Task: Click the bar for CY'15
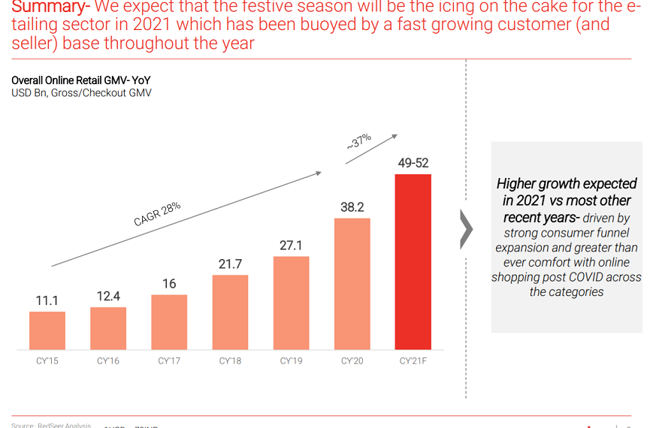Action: pyautogui.click(x=47, y=330)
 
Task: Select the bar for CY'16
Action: pyautogui.click(x=108, y=328)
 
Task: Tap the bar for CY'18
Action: pyautogui.click(x=230, y=312)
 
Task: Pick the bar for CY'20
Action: pyautogui.click(x=352, y=284)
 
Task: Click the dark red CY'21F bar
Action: pyautogui.click(x=413, y=262)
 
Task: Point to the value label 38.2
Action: pyautogui.click(x=352, y=206)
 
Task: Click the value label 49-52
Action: pyautogui.click(x=413, y=163)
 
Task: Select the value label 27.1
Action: pyautogui.click(x=291, y=246)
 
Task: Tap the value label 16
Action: pyautogui.click(x=169, y=283)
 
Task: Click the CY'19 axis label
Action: pyautogui.click(x=291, y=361)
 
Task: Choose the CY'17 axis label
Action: pyautogui.click(x=169, y=361)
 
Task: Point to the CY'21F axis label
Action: pyautogui.click(x=413, y=361)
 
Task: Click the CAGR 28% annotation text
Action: pyautogui.click(x=157, y=214)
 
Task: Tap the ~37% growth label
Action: pyautogui.click(x=358, y=142)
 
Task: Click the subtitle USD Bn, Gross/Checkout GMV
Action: pyautogui.click(x=81, y=93)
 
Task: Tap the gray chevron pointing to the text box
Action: pyautogui.click(x=466, y=230)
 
